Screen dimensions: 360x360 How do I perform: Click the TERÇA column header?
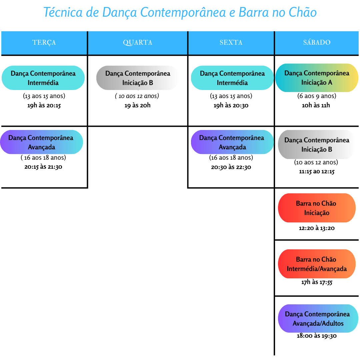pyautogui.click(x=44, y=42)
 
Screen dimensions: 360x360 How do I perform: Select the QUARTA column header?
pyautogui.click(x=138, y=42)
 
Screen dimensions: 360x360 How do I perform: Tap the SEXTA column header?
pyautogui.click(x=231, y=42)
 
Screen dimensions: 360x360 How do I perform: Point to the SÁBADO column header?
pyautogui.click(x=317, y=42)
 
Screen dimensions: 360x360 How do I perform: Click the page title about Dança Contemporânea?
pyautogui.click(x=180, y=12)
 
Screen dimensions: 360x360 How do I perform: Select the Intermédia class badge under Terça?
pyautogui.click(x=43, y=78)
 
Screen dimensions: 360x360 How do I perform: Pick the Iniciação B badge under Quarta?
pyautogui.click(x=138, y=78)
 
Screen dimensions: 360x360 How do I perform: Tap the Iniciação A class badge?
pyautogui.click(x=317, y=78)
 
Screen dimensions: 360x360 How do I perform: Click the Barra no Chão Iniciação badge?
pyautogui.click(x=317, y=208)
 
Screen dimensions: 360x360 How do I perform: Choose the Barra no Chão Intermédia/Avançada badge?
pyautogui.click(x=317, y=264)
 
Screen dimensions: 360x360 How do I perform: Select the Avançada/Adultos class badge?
pyautogui.click(x=318, y=318)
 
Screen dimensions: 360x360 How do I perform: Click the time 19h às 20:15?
pyautogui.click(x=44, y=105)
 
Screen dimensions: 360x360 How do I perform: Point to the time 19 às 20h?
pyautogui.click(x=138, y=105)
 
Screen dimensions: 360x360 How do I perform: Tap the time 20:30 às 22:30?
pyautogui.click(x=231, y=167)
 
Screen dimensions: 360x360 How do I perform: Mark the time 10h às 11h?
pyautogui.click(x=316, y=105)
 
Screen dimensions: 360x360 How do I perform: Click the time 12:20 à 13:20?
pyautogui.click(x=317, y=228)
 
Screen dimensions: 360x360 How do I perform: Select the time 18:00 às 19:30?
pyautogui.click(x=317, y=336)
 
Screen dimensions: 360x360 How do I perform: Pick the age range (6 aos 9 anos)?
pyautogui.click(x=317, y=96)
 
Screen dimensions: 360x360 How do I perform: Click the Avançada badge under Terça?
pyautogui.click(x=42, y=142)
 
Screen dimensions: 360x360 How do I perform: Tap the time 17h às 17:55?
pyautogui.click(x=317, y=282)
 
